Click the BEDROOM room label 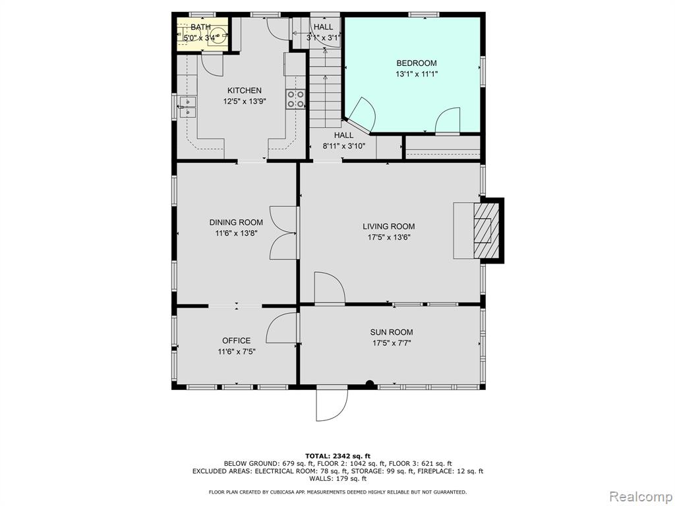pyautogui.click(x=417, y=63)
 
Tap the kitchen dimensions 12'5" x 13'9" pyautogui.click(x=245, y=101)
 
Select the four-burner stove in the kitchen pyautogui.click(x=296, y=99)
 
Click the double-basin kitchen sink pyautogui.click(x=187, y=107)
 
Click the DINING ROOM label pyautogui.click(x=236, y=223)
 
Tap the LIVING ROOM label pyautogui.click(x=389, y=227)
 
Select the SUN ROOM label pyautogui.click(x=392, y=332)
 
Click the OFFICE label pyautogui.click(x=237, y=341)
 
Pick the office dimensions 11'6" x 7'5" pyautogui.click(x=237, y=352)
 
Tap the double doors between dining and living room pyautogui.click(x=283, y=233)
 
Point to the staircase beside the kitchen pyautogui.click(x=326, y=88)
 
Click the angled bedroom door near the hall pyautogui.click(x=362, y=114)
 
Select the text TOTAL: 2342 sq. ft pyautogui.click(x=337, y=456)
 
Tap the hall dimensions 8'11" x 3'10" pyautogui.click(x=344, y=146)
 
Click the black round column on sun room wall pyautogui.click(x=369, y=384)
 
